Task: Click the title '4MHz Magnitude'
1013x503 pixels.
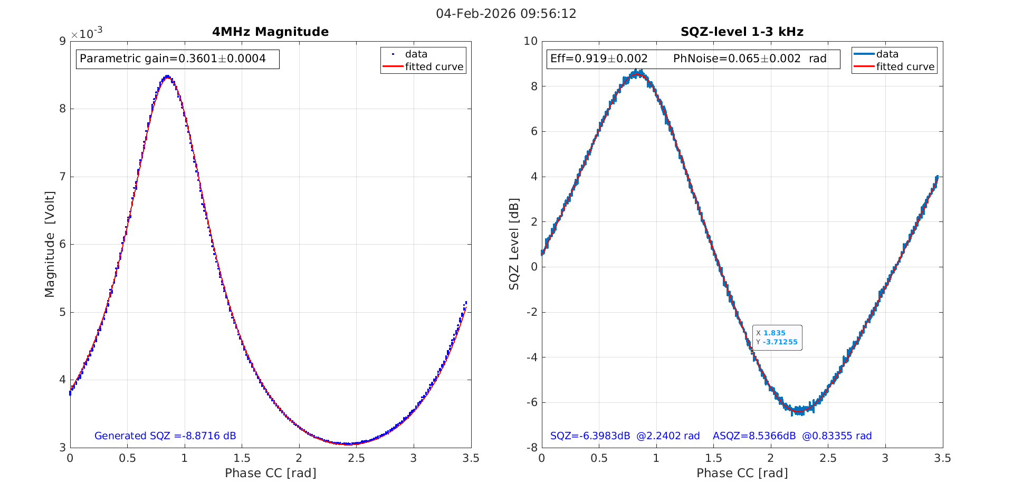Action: click(x=270, y=32)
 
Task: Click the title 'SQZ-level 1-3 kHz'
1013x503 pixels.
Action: click(x=742, y=32)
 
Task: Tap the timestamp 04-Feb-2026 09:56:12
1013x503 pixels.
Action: click(x=506, y=14)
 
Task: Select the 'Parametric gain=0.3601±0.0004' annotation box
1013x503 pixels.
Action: click(x=177, y=59)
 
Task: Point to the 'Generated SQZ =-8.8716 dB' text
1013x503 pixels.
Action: click(x=165, y=436)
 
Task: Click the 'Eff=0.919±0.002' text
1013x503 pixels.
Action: click(x=599, y=59)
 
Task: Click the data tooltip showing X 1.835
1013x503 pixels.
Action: click(x=777, y=337)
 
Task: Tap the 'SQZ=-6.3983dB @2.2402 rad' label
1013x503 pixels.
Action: click(x=625, y=436)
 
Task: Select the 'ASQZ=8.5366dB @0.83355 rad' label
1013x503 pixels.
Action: click(x=792, y=436)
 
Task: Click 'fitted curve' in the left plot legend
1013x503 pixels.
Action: click(x=434, y=66)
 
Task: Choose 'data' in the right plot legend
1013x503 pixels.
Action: click(x=887, y=54)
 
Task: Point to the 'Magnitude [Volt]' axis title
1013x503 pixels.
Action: click(x=50, y=244)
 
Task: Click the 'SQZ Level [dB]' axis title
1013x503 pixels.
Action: click(x=514, y=244)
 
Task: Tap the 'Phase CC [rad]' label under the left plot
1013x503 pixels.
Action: click(x=270, y=473)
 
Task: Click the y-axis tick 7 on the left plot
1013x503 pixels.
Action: click(x=62, y=177)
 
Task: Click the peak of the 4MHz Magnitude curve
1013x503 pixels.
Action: click(x=167, y=77)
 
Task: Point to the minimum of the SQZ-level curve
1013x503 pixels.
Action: click(x=798, y=410)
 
